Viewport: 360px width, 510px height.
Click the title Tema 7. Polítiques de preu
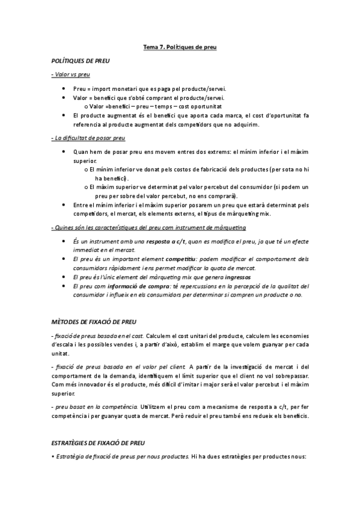[180, 46]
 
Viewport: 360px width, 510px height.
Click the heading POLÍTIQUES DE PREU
[81, 61]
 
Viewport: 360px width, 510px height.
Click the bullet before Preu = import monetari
[64, 88]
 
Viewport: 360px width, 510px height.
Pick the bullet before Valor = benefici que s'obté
[64, 97]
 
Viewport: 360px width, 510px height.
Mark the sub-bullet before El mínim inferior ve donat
[88, 170]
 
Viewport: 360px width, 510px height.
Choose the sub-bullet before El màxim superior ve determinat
[88, 188]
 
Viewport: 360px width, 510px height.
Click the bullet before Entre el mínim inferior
[64, 205]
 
